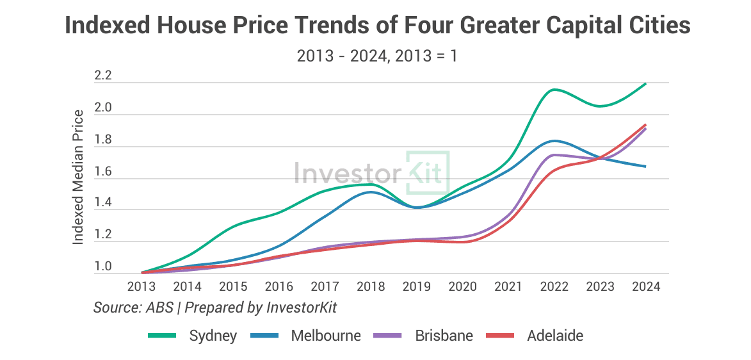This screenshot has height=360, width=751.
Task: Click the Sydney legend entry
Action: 192,336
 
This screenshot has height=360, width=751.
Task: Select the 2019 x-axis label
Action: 417,286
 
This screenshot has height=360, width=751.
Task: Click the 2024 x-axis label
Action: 645,286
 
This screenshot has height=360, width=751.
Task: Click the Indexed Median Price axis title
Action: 78,177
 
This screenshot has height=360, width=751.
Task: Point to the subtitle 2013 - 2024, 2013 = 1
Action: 377,56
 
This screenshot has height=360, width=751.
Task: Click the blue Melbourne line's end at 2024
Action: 645,167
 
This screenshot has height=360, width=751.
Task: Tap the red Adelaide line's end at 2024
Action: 645,125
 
